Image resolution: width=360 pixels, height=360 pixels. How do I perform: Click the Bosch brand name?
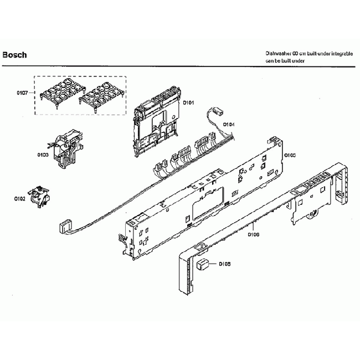(x=15, y=55)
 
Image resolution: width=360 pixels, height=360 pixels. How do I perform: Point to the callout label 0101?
(x=188, y=102)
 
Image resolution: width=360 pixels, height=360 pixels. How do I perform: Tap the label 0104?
(x=229, y=125)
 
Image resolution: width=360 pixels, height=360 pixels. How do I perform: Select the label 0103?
(x=43, y=155)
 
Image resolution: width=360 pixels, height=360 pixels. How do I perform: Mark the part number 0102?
(x=20, y=198)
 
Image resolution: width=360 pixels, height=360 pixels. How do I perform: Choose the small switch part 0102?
(x=42, y=195)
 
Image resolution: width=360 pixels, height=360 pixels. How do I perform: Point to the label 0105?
(x=290, y=156)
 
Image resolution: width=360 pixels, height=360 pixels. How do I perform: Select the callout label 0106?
(x=253, y=234)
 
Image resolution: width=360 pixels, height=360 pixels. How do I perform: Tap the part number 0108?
(x=224, y=264)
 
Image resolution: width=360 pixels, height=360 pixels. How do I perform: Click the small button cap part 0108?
(x=203, y=264)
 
